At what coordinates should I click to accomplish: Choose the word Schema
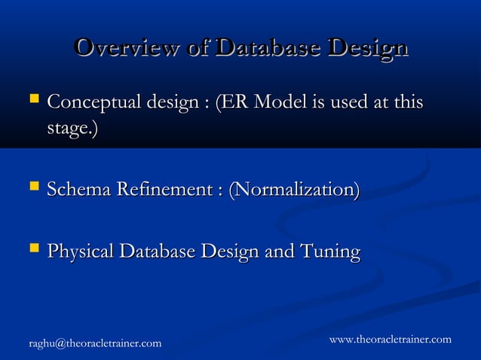80,190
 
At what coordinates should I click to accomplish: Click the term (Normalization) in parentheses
293,190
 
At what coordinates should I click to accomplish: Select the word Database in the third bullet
160,251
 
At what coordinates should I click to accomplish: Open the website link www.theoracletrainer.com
390,340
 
